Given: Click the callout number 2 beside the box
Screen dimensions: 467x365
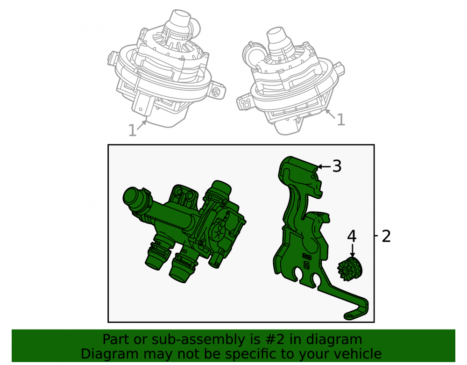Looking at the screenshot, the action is click(386, 236).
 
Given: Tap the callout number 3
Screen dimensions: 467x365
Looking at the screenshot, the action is click(337, 166).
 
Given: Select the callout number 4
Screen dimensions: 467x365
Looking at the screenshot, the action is click(352, 236).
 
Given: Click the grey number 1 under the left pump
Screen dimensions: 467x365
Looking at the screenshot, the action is click(132, 130).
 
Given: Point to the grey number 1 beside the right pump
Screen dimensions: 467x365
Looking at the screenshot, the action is click(341, 120).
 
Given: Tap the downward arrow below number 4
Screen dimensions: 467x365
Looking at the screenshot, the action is click(352, 250).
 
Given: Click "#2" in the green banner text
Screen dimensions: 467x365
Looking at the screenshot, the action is click(274, 339).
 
